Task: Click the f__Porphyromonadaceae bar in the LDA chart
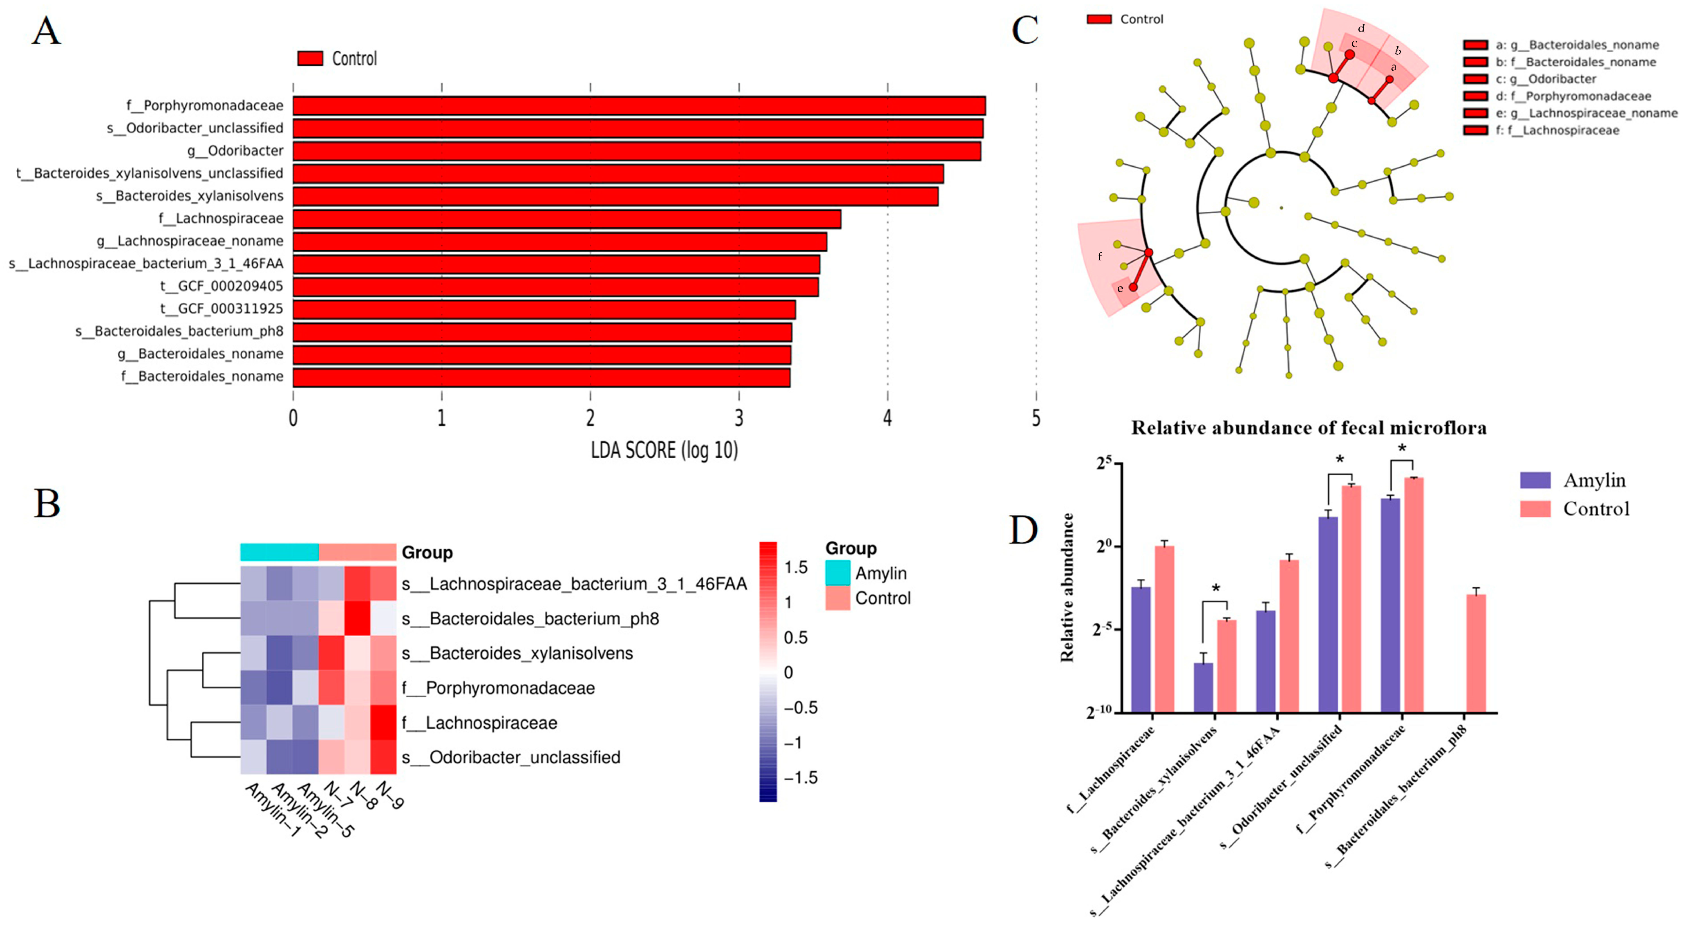638,105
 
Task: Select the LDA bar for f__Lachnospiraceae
566,219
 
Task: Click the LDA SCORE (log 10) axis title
664,451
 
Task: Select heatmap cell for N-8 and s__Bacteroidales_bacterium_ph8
358,618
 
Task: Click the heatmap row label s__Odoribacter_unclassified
511,757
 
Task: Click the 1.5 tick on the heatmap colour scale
796,567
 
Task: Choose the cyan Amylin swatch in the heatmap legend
838,573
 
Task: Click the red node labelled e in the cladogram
1133,287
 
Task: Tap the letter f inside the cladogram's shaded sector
1100,256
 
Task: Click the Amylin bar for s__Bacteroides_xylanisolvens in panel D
1203,687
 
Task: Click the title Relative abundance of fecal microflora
1309,428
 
